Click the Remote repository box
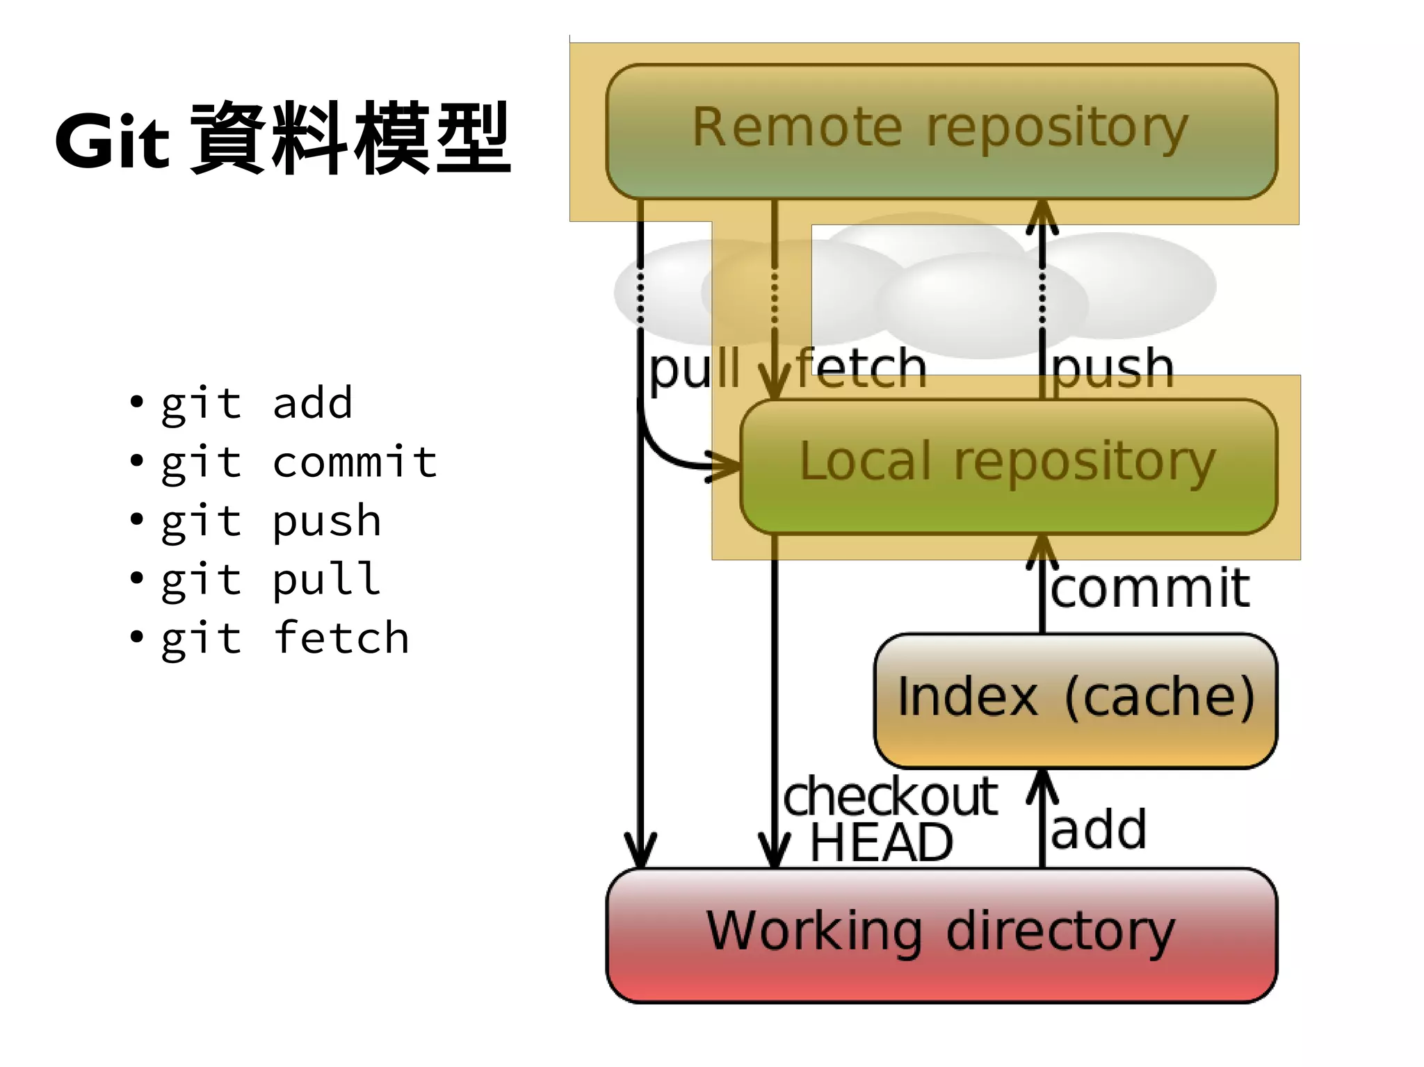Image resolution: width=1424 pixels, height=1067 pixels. click(941, 131)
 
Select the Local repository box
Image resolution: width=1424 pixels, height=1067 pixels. click(1008, 464)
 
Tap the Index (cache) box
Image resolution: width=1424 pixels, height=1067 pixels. click(1075, 699)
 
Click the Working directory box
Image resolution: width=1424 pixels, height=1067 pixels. click(941, 933)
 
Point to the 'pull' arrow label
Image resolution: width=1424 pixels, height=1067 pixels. click(694, 370)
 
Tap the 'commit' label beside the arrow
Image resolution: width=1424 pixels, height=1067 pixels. click(1150, 588)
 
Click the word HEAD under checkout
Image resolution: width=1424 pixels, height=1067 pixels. click(881, 842)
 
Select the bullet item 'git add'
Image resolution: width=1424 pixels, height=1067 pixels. click(257, 403)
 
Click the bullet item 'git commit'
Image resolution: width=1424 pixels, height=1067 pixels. click(299, 462)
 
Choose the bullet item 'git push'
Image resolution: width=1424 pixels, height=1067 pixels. click(271, 521)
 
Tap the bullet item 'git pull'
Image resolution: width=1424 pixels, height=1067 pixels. click(271, 580)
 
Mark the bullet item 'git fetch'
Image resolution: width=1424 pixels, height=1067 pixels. click(285, 639)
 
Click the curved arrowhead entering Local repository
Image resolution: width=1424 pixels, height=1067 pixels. click(723, 466)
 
